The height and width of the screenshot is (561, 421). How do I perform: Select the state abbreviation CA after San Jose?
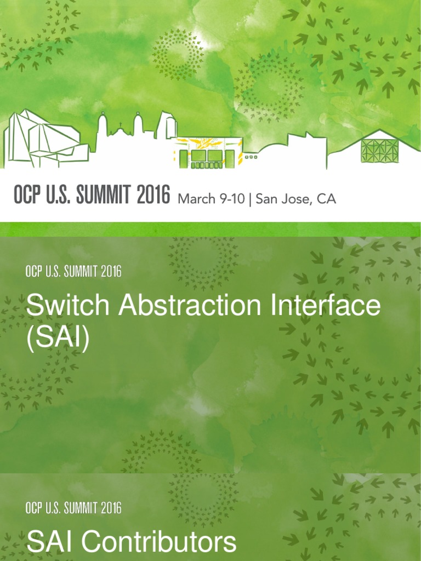pyautogui.click(x=326, y=199)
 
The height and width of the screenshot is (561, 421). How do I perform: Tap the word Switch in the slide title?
pyautogui.click(x=60, y=305)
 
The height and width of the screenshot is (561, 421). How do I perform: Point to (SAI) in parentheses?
pyautogui.click(x=58, y=338)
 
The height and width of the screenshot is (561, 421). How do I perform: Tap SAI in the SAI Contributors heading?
pyautogui.click(x=52, y=542)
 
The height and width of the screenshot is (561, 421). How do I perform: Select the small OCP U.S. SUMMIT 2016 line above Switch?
pyautogui.click(x=73, y=271)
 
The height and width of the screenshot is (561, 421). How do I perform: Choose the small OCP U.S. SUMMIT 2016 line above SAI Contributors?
pyautogui.click(x=73, y=508)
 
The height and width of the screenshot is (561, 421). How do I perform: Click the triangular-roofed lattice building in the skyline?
pyautogui.click(x=378, y=149)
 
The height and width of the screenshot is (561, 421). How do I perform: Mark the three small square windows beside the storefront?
pyautogui.click(x=251, y=157)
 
